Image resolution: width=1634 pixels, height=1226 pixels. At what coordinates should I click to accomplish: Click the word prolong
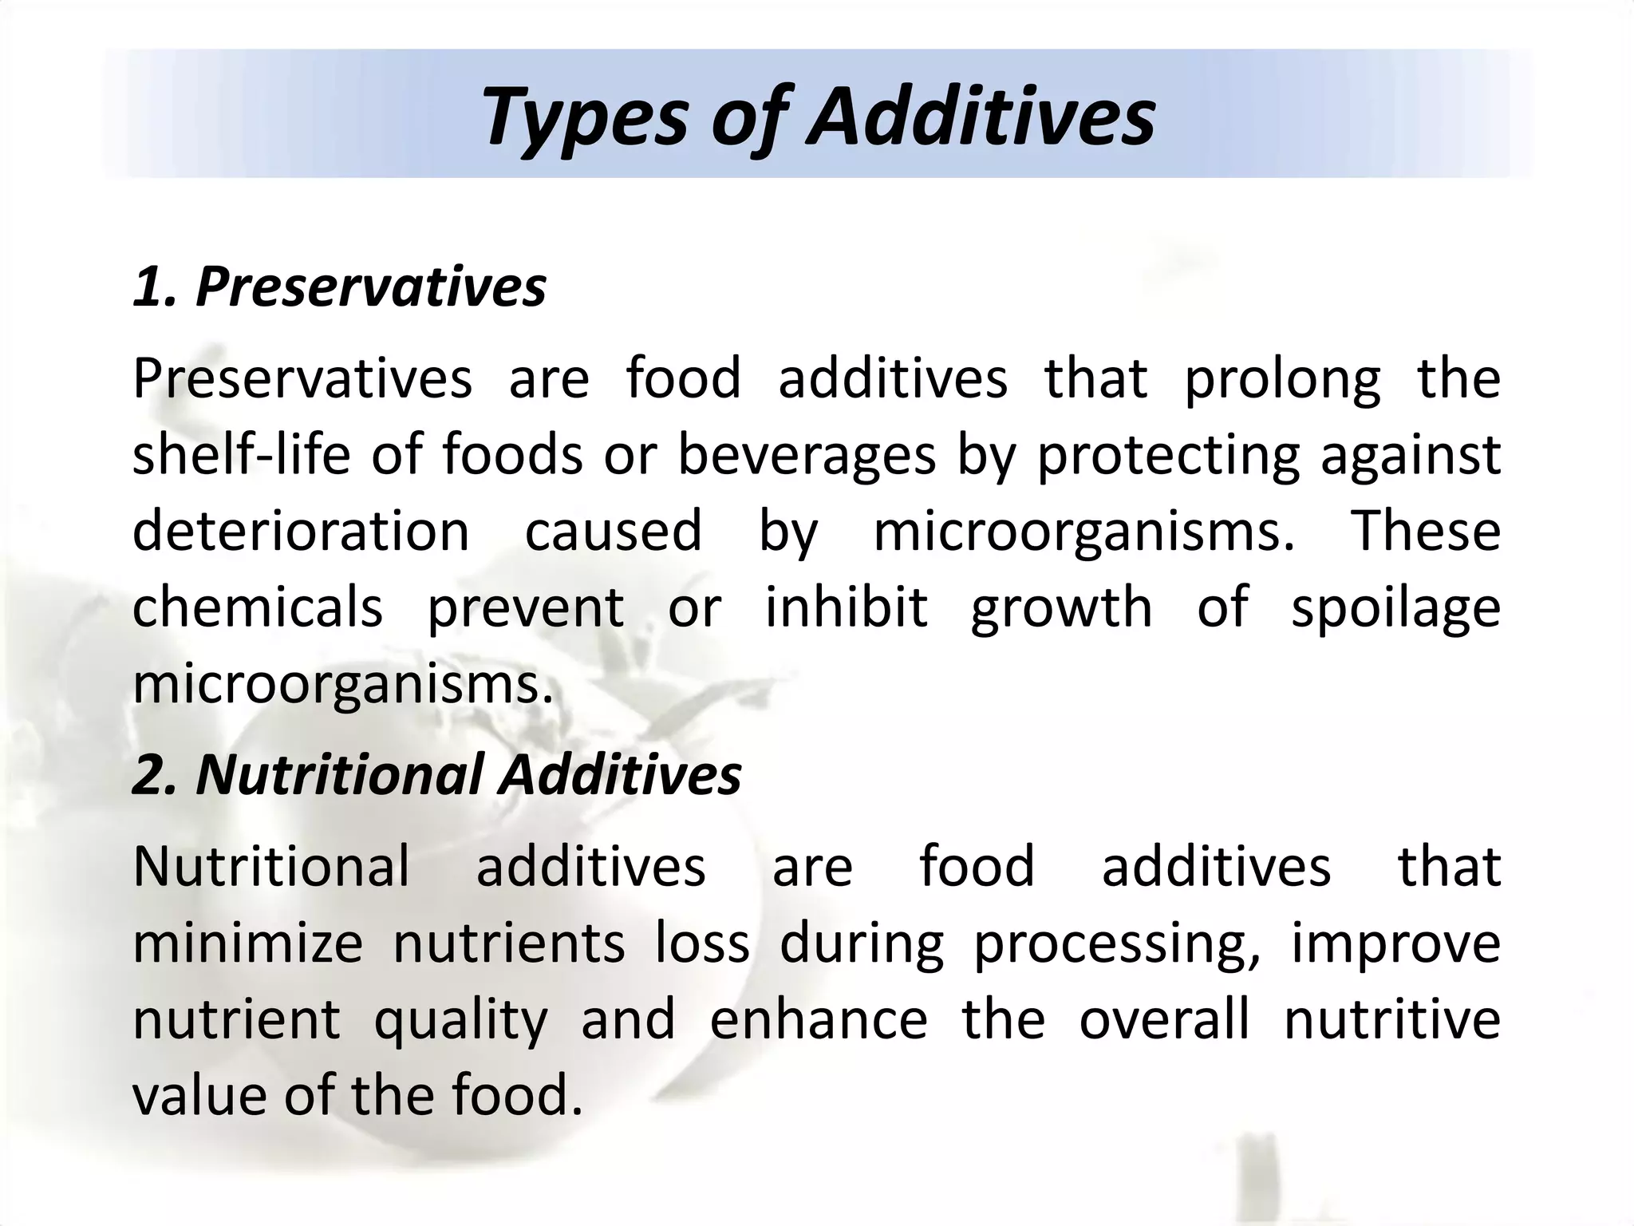point(1281,380)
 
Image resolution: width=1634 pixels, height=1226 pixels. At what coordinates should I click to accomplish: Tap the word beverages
point(807,457)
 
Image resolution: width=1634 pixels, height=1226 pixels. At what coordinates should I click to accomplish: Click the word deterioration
point(301,532)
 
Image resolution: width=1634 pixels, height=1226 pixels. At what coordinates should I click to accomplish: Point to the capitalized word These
point(1425,532)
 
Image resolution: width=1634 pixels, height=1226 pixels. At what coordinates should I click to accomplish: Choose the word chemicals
point(258,608)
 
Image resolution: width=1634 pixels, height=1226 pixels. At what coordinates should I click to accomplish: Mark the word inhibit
point(847,608)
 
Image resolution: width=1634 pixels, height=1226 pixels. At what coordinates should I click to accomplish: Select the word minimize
point(247,943)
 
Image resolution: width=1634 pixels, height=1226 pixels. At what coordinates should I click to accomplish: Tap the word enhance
point(819,1020)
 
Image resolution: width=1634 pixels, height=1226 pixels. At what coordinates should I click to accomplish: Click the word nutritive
point(1391,1020)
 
